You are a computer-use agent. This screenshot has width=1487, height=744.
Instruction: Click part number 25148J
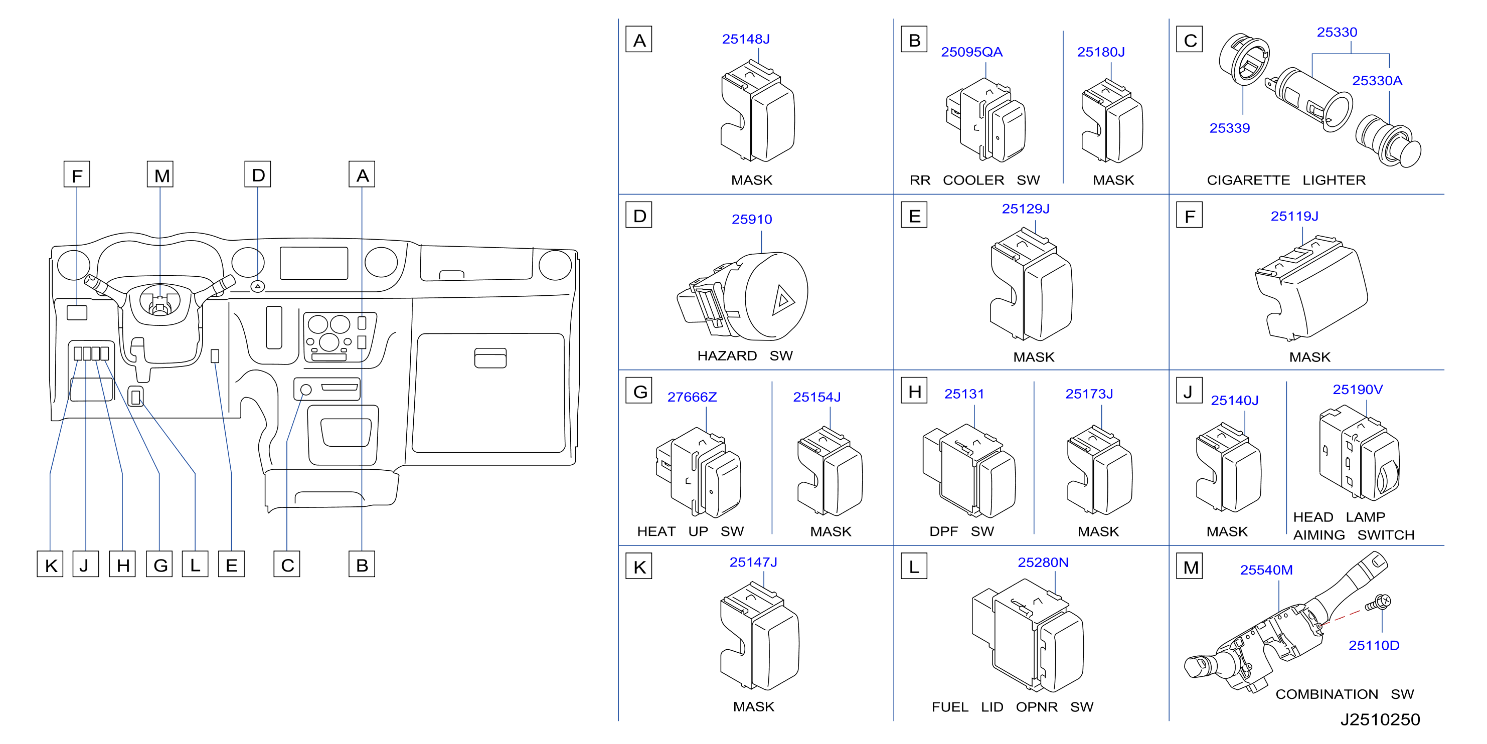click(745, 39)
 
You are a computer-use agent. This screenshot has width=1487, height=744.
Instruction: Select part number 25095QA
click(971, 52)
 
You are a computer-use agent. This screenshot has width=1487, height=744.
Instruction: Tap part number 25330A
click(1377, 81)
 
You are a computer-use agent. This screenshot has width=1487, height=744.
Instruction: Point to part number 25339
click(1230, 128)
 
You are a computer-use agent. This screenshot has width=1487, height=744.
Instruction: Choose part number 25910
click(752, 219)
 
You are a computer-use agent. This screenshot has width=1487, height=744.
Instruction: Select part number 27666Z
click(692, 397)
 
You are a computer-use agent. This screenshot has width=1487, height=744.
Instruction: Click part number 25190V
click(1357, 390)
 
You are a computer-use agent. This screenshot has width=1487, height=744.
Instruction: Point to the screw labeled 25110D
click(1379, 604)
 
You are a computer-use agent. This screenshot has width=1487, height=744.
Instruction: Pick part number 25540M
click(1266, 570)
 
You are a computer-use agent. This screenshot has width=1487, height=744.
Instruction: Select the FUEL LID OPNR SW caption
click(1012, 707)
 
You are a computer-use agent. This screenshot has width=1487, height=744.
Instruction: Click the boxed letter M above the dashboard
click(160, 175)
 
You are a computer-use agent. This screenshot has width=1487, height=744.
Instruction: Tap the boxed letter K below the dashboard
click(50, 565)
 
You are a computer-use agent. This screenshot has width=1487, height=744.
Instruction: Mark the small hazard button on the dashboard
click(257, 286)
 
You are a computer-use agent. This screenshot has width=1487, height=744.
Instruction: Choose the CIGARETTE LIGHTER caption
click(1286, 180)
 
